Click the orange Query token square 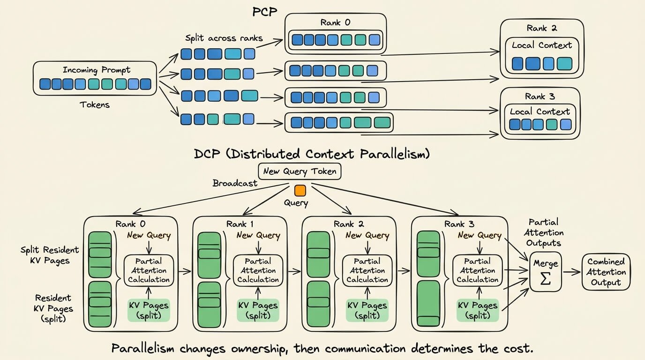point(300,191)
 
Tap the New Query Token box point(300,172)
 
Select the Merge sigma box point(546,272)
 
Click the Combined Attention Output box point(606,272)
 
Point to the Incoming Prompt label point(97,70)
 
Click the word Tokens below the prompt point(95,105)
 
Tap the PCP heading point(265,12)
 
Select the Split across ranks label point(224,38)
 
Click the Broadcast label point(235,183)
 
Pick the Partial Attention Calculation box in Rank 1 point(258,270)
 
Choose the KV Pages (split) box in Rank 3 point(478,310)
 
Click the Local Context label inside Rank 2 point(541,45)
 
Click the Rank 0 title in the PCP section point(336,22)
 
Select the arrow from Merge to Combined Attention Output point(571,272)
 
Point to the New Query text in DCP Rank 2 point(367,235)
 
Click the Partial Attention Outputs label point(544,232)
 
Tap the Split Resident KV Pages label point(50,255)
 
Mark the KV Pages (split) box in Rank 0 point(149,310)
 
